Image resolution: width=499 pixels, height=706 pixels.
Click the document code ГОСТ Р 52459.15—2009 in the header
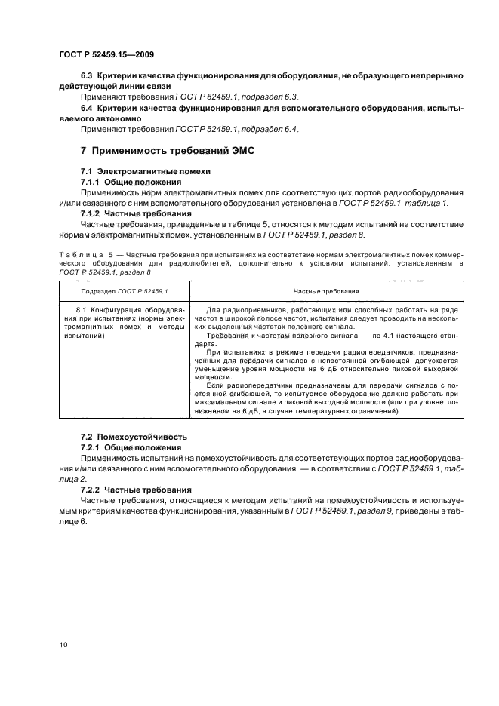(x=106, y=54)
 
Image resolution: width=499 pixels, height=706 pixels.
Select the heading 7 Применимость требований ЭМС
(x=167, y=151)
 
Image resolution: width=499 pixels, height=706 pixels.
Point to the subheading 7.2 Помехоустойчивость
(x=134, y=437)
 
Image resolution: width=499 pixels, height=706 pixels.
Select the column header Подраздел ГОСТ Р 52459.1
(x=113, y=290)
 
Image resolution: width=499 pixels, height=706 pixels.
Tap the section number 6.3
(x=87, y=76)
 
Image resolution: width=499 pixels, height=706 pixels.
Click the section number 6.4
(x=87, y=109)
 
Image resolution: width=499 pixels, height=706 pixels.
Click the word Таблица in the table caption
(x=78, y=246)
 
